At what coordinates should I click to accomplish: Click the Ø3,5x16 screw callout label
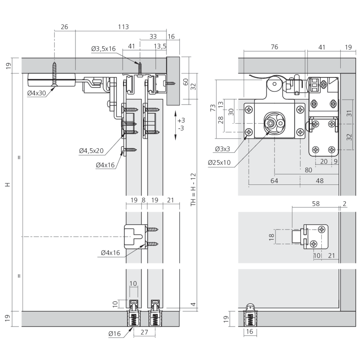click(x=103, y=49)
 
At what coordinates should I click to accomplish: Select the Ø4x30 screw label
click(x=36, y=93)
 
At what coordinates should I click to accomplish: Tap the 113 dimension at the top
click(x=123, y=27)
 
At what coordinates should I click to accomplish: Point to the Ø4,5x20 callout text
click(x=91, y=150)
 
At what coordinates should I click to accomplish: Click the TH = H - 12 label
click(x=193, y=189)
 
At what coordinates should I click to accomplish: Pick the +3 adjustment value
click(x=181, y=120)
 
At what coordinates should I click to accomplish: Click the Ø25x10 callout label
click(x=219, y=163)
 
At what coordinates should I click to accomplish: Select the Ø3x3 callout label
click(x=222, y=149)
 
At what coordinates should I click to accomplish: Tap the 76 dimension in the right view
click(x=274, y=47)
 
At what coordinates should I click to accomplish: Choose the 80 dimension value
click(x=309, y=170)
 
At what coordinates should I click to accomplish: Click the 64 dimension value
click(x=274, y=181)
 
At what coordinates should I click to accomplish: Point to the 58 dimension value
click(x=316, y=204)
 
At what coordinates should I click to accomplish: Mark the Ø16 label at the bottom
click(x=114, y=334)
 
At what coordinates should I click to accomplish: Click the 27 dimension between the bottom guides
click(x=144, y=332)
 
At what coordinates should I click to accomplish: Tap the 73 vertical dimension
click(x=213, y=108)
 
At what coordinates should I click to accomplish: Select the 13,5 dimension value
click(x=160, y=46)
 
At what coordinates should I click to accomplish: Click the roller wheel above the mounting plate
click(x=274, y=84)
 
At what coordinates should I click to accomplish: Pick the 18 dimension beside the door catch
click(x=271, y=237)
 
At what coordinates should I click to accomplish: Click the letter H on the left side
click(x=8, y=185)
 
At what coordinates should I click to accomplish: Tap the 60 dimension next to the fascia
click(x=186, y=82)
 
